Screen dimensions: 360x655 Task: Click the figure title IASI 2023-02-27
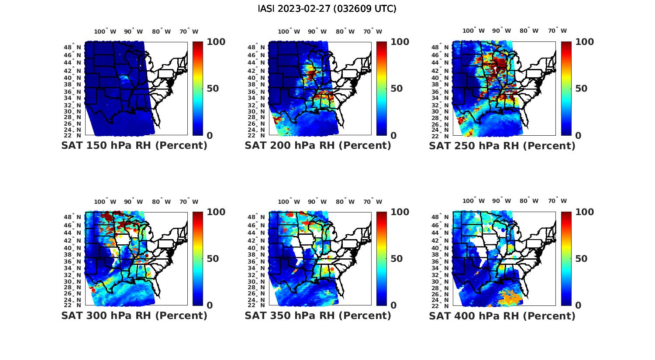coord(327,9)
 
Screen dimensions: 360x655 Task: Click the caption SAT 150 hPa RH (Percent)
coord(134,146)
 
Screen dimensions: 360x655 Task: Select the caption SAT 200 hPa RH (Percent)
coord(318,146)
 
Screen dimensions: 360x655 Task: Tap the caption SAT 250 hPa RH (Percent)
coord(502,146)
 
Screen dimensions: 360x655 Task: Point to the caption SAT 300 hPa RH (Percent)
coord(134,315)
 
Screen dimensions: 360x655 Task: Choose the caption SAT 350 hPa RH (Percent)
coord(318,315)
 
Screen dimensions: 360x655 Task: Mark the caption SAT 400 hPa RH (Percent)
coord(502,315)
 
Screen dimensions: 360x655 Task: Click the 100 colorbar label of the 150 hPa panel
coord(216,42)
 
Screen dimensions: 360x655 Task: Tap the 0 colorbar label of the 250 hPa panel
coord(578,136)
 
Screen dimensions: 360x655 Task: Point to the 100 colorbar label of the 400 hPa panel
coord(584,212)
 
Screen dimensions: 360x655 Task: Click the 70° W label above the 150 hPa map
coord(189,31)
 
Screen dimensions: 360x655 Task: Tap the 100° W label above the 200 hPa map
coord(289,31)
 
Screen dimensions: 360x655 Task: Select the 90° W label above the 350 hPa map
coord(317,202)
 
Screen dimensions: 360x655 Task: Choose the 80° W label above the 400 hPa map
coord(529,201)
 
